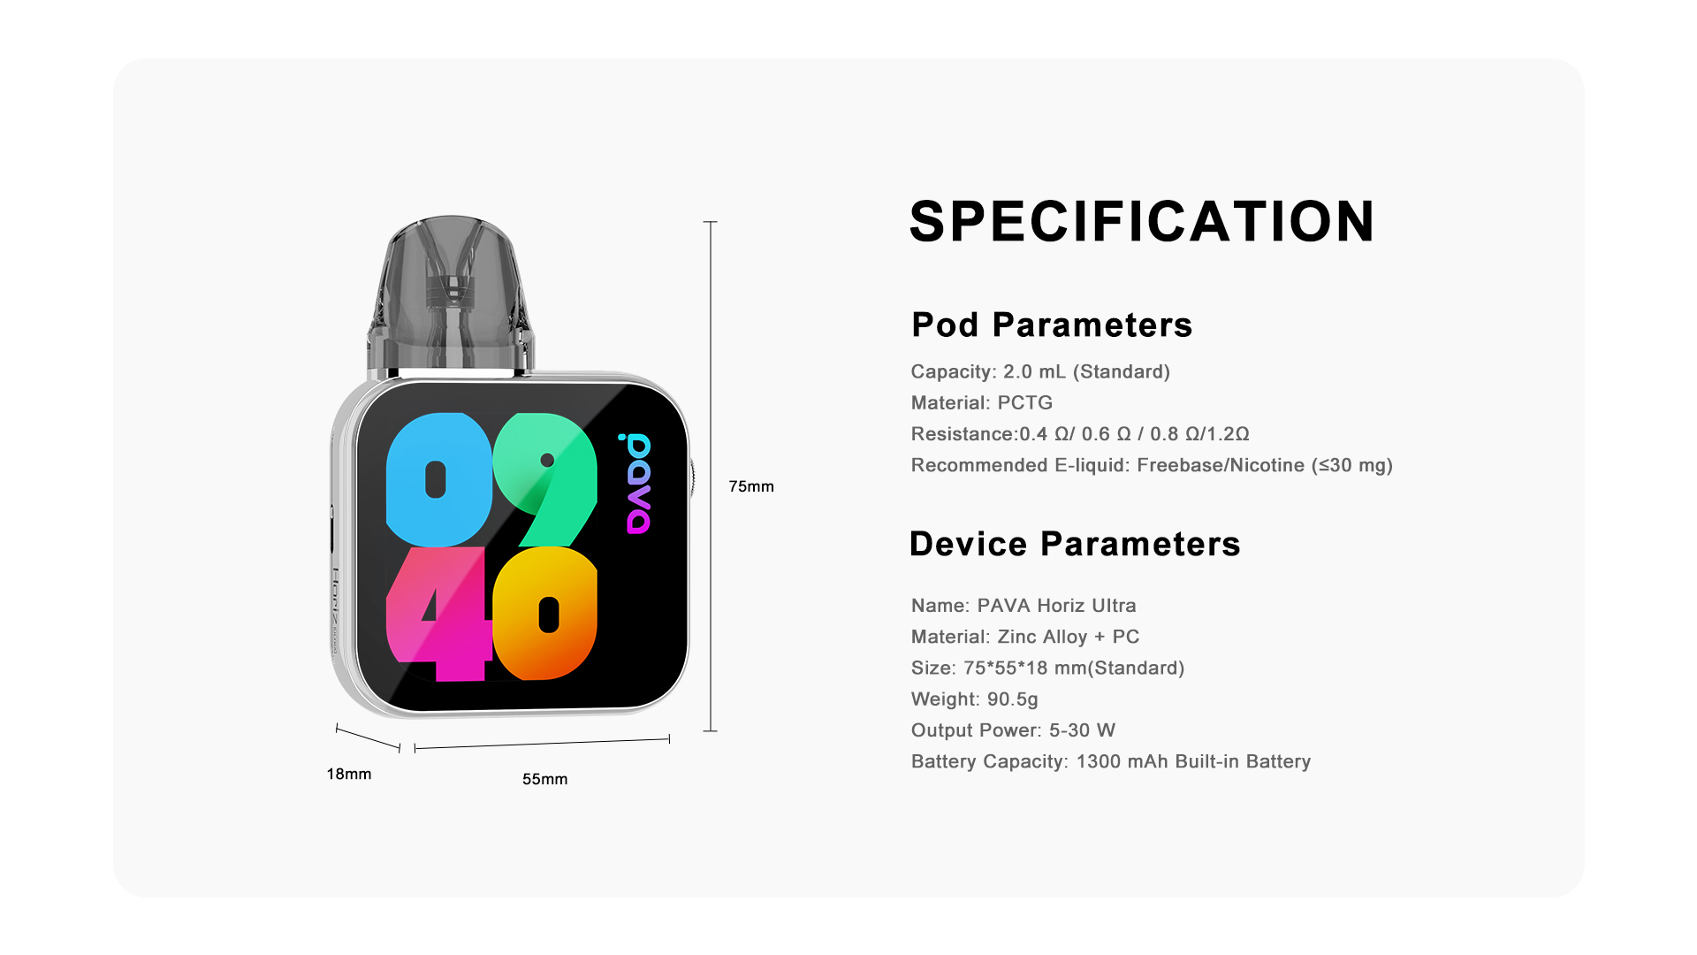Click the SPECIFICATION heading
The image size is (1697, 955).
point(1142,221)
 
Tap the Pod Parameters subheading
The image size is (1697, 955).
point(1052,325)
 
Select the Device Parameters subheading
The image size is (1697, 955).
point(1075,544)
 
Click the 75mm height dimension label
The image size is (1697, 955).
point(751,486)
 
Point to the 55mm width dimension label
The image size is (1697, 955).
point(544,779)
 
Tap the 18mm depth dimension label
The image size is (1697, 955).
point(349,774)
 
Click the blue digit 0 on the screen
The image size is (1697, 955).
point(438,479)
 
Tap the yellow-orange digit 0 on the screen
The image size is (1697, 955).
point(545,614)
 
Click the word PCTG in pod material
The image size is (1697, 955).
point(1025,403)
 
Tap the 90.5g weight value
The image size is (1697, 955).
point(1013,699)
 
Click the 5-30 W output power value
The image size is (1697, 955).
point(1083,730)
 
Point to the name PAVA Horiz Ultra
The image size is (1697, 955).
point(1057,606)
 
